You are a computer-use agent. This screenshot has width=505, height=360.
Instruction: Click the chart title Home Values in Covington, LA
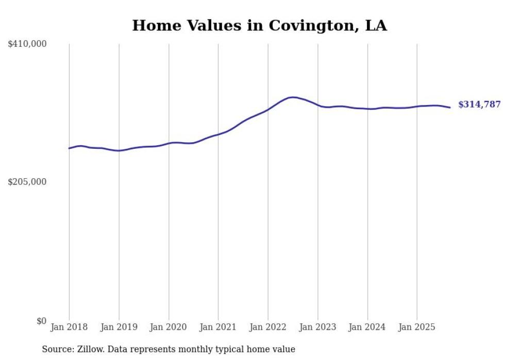pyautogui.click(x=259, y=25)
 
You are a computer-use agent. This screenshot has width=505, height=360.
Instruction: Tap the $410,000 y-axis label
pyautogui.click(x=27, y=44)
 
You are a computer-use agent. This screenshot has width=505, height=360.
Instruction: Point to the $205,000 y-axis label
pyautogui.click(x=27, y=182)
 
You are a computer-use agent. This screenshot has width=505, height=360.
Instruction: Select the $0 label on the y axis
pyautogui.click(x=41, y=321)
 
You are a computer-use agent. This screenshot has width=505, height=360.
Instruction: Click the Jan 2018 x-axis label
pyautogui.click(x=69, y=327)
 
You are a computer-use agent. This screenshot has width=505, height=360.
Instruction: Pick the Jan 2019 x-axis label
pyautogui.click(x=119, y=327)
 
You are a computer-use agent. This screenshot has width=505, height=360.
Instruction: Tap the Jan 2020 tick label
pyautogui.click(x=169, y=327)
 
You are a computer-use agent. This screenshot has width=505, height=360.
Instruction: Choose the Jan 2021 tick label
pyautogui.click(x=218, y=327)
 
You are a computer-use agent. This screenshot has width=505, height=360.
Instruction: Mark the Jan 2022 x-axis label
pyautogui.click(x=268, y=327)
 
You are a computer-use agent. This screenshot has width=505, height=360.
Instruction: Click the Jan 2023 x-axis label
pyautogui.click(x=318, y=327)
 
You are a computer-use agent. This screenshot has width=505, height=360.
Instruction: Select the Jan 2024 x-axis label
pyautogui.click(x=367, y=327)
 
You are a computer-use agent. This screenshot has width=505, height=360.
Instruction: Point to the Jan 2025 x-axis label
pyautogui.click(x=417, y=327)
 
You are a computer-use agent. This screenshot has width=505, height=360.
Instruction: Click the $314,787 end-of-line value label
pyautogui.click(x=479, y=105)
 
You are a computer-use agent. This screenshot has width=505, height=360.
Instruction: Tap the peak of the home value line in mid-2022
pyautogui.click(x=293, y=97)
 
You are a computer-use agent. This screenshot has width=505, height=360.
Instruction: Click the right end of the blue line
pyautogui.click(x=450, y=107)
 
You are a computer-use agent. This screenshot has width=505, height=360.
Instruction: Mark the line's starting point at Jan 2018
pyautogui.click(x=69, y=148)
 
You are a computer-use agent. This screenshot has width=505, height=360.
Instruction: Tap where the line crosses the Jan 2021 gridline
pyautogui.click(x=218, y=134)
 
